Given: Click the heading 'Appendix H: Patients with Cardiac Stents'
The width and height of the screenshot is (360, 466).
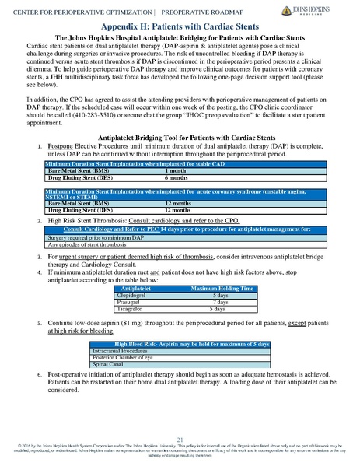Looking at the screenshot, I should coord(180,26).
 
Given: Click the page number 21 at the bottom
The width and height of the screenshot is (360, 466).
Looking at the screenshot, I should coord(180,440).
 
